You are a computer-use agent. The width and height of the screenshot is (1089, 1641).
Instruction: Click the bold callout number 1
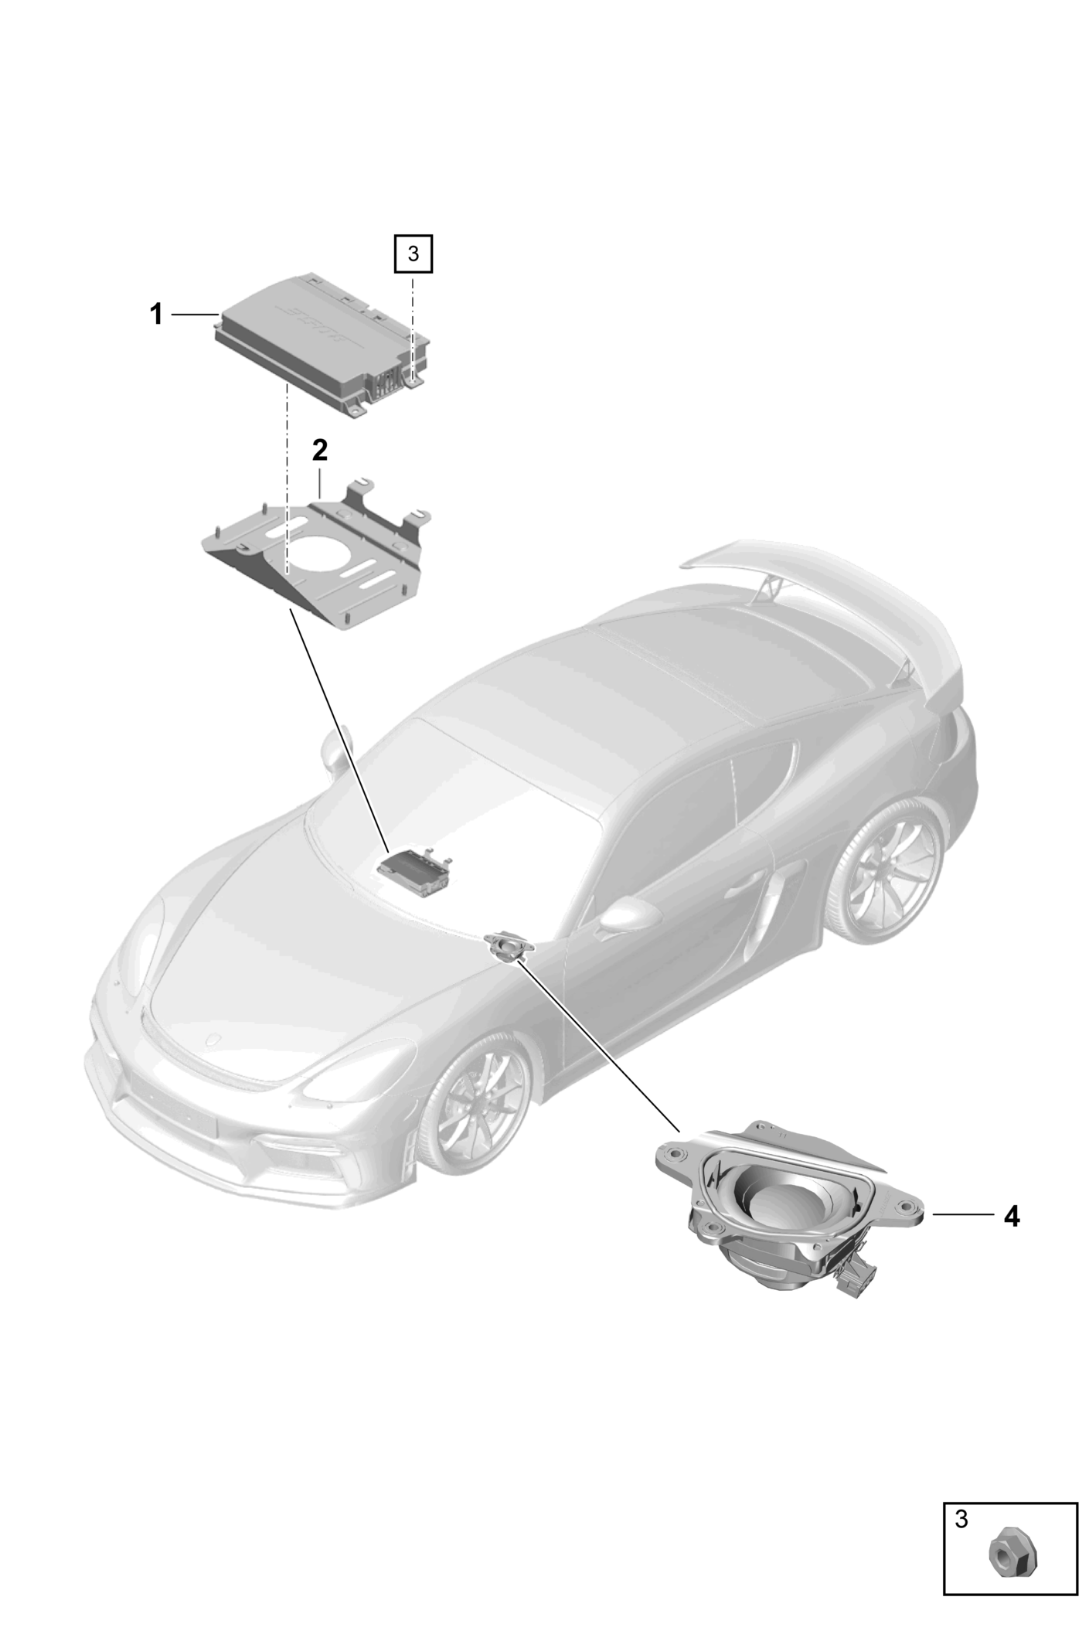156,315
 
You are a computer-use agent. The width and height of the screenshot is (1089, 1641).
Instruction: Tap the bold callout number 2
319,450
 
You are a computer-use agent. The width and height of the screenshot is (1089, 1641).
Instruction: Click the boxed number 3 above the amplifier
413,254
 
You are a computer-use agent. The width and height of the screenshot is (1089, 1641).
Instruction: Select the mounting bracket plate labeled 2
316,552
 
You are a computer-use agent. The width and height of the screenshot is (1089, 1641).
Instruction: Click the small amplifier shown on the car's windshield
416,871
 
